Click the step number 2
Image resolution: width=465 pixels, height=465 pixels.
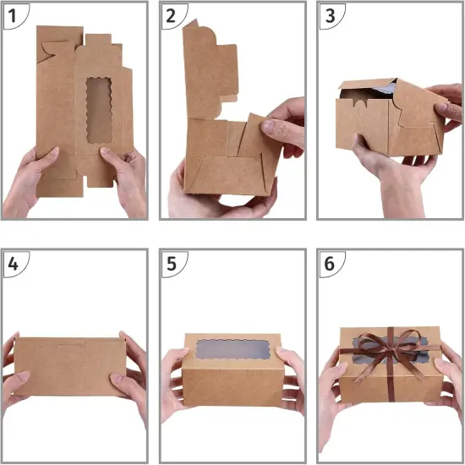click(x=172, y=15)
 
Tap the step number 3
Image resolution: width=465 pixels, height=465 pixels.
click(x=331, y=15)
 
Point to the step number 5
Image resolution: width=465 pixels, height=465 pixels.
click(x=172, y=262)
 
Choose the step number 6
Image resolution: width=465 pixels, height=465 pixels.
click(x=331, y=262)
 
